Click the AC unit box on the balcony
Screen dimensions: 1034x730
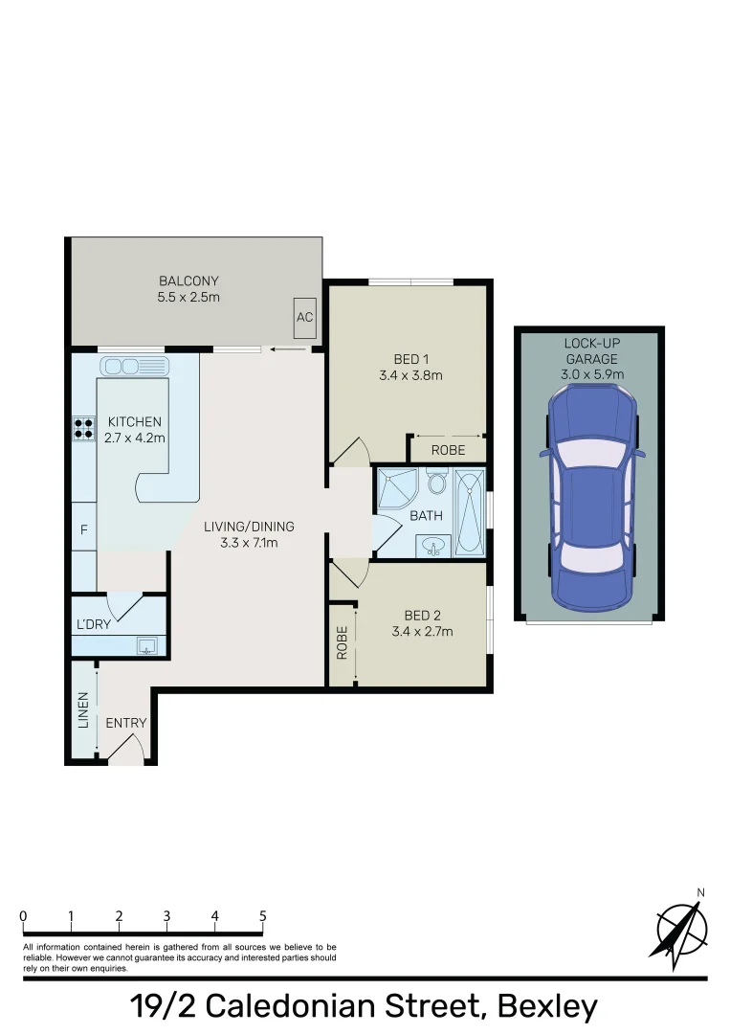pyautogui.click(x=305, y=317)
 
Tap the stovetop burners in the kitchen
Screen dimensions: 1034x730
pyautogui.click(x=84, y=426)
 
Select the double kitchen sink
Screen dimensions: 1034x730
pyautogui.click(x=135, y=366)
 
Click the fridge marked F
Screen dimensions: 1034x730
pyautogui.click(x=84, y=530)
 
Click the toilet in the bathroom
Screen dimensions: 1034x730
pyautogui.click(x=438, y=483)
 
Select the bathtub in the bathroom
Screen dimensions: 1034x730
pyautogui.click(x=469, y=511)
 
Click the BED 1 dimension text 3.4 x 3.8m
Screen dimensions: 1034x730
pyautogui.click(x=410, y=375)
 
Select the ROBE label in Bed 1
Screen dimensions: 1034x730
pyautogui.click(x=448, y=449)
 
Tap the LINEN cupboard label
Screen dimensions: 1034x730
pyautogui.click(x=83, y=709)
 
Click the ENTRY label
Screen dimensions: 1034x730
pyautogui.click(x=126, y=723)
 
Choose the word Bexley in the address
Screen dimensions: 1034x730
pyautogui.click(x=547, y=1007)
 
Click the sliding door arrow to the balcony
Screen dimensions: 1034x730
pyautogui.click(x=283, y=349)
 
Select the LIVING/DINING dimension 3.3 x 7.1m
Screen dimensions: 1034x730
pyautogui.click(x=248, y=544)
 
